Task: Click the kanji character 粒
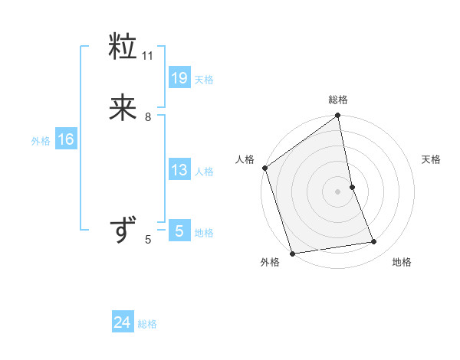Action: coord(123,47)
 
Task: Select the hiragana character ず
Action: coord(123,230)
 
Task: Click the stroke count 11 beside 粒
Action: coord(148,56)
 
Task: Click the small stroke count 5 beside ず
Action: coord(148,240)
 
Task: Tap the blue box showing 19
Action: coord(179,77)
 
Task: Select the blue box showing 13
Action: coord(179,170)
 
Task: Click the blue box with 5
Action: coord(179,231)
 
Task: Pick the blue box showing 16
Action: coord(66,139)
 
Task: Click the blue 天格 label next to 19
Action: coord(204,80)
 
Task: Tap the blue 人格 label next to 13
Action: coord(204,172)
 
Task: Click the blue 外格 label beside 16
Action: coord(41,141)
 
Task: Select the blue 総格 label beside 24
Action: coord(148,324)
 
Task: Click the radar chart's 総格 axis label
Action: coord(338,100)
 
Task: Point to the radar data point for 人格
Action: coord(264,168)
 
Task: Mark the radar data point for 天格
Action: coord(352,187)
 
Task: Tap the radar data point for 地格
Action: coord(374,242)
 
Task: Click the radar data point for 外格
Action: coord(292,253)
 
